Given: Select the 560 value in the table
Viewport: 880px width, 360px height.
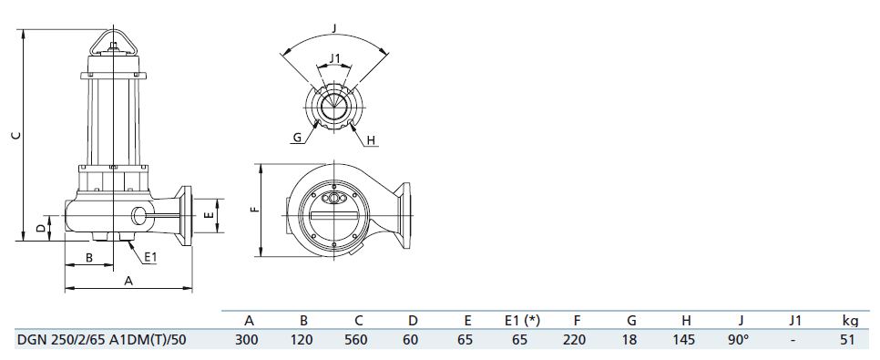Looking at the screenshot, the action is click(x=359, y=340).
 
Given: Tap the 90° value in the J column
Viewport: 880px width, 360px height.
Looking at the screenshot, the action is click(x=740, y=340).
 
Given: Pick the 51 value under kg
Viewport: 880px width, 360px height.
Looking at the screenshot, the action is click(x=848, y=340).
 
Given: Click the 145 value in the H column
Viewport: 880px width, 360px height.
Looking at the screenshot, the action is click(x=685, y=340).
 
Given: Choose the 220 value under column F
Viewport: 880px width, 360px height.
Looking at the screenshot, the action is click(x=577, y=340).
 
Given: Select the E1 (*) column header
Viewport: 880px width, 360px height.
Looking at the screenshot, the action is click(x=522, y=321).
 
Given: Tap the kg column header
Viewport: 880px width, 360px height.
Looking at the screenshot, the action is click(x=850, y=321).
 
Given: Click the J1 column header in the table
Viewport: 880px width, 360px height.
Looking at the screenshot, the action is click(x=793, y=321).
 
